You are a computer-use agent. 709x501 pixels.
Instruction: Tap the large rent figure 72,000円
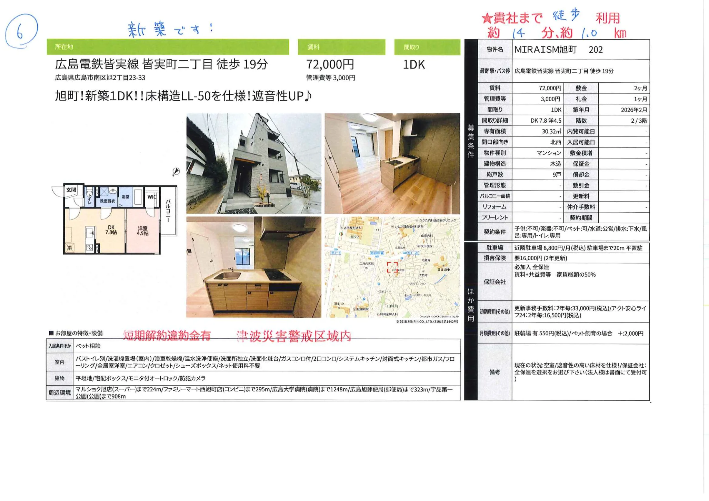(330, 64)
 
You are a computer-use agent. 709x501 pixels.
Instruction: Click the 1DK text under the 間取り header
(414, 64)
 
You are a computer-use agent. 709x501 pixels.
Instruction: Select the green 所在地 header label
(64, 47)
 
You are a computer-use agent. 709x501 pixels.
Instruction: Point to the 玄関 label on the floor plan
(71, 190)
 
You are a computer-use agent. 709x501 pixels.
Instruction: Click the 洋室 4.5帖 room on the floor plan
(142, 231)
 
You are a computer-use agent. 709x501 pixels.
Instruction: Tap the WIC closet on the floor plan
(152, 197)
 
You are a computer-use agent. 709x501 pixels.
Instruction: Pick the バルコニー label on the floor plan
(168, 211)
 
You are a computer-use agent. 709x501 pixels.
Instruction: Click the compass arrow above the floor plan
(176, 171)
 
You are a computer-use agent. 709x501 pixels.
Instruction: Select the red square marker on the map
(392, 267)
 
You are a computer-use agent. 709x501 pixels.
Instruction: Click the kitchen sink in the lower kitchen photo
(227, 276)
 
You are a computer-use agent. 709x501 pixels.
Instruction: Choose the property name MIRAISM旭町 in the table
(545, 50)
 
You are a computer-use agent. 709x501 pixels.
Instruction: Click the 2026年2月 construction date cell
(634, 110)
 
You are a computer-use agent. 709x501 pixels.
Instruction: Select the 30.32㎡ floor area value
(551, 131)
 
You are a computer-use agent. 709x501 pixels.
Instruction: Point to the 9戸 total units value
(557, 175)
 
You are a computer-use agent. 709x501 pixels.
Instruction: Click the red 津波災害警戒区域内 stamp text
(294, 336)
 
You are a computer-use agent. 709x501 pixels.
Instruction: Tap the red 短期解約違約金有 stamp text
(167, 335)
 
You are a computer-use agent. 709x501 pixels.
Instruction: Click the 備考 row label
(495, 372)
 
